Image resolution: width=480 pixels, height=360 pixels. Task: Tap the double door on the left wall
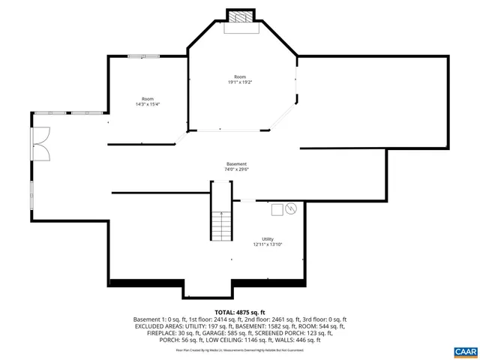click(x=40, y=142)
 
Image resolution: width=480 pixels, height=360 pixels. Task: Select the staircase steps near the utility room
click(x=220, y=225)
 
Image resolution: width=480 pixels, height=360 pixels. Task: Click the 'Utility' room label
click(x=268, y=238)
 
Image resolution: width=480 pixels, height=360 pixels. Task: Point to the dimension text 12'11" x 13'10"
click(x=268, y=244)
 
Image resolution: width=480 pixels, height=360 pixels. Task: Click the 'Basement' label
click(x=237, y=163)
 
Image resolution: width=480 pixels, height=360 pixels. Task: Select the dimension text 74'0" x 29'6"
click(x=237, y=169)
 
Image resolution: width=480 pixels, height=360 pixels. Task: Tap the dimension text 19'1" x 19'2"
click(x=239, y=82)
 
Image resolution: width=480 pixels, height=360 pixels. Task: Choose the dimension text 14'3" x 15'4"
click(x=148, y=104)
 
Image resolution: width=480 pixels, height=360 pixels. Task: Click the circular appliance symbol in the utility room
click(x=291, y=208)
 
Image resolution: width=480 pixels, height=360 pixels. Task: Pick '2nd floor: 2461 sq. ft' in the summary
click(x=263, y=319)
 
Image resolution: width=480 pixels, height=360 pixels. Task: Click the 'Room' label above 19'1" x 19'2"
click(x=239, y=76)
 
